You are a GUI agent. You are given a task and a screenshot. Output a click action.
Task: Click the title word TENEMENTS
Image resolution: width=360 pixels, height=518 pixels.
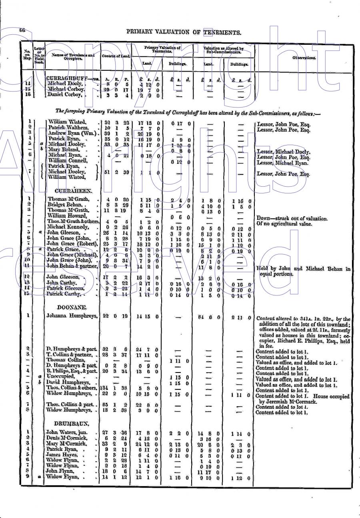click(x=222, y=33)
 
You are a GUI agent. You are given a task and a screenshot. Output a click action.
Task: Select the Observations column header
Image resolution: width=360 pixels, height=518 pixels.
click(x=304, y=58)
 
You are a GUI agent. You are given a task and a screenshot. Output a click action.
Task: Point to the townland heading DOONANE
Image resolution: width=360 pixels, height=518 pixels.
click(x=68, y=306)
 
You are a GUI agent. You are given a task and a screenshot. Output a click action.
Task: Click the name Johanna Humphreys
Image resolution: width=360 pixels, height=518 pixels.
click(x=72, y=316)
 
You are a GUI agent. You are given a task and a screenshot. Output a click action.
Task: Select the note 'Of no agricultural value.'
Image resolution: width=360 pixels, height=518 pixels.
click(x=282, y=223)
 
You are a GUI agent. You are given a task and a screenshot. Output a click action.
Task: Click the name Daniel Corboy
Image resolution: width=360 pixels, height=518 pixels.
click(x=66, y=95)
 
